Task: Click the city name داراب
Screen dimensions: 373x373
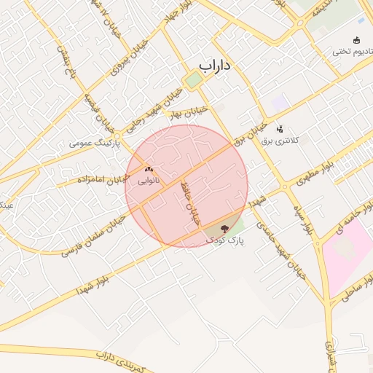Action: pos(215,66)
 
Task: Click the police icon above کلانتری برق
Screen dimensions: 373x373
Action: pos(280,128)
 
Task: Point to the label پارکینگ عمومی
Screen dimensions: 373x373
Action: pos(95,143)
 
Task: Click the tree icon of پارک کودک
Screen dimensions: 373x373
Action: pos(223,229)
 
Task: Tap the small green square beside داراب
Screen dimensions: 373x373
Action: pos(193,79)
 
